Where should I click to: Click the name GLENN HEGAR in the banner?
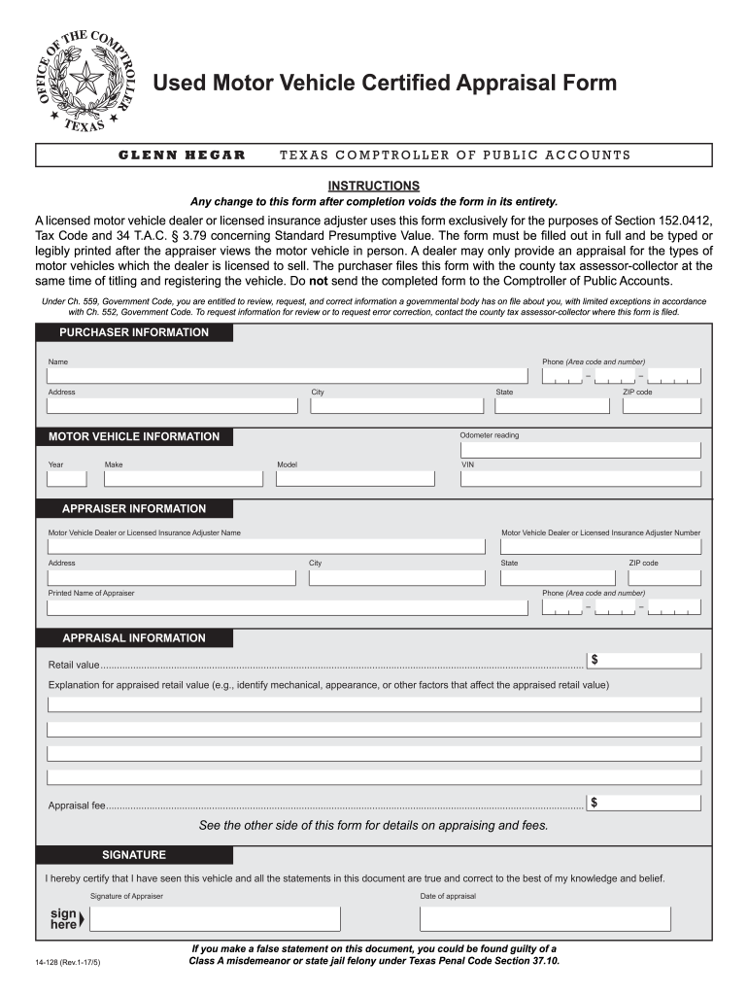[x=182, y=155]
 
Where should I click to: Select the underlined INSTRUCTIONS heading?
[x=373, y=186]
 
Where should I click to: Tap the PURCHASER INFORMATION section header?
[x=134, y=332]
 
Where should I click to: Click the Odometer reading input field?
[x=579, y=450]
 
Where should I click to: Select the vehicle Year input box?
[x=67, y=478]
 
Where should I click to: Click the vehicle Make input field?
[x=184, y=478]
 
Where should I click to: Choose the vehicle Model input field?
[x=356, y=478]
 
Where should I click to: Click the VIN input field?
[x=579, y=478]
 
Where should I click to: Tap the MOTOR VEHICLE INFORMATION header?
[x=134, y=436]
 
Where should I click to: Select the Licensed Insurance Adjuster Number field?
[x=599, y=546]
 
